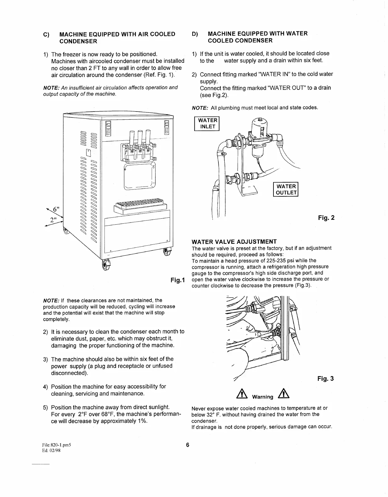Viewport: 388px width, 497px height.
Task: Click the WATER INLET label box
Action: (207, 123)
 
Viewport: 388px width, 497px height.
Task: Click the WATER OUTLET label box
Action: (286, 189)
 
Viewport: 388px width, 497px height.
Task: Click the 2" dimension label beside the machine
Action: (53, 219)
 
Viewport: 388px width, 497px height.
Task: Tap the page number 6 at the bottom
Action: (187, 445)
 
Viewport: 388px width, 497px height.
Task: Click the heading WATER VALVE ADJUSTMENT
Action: (234, 242)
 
